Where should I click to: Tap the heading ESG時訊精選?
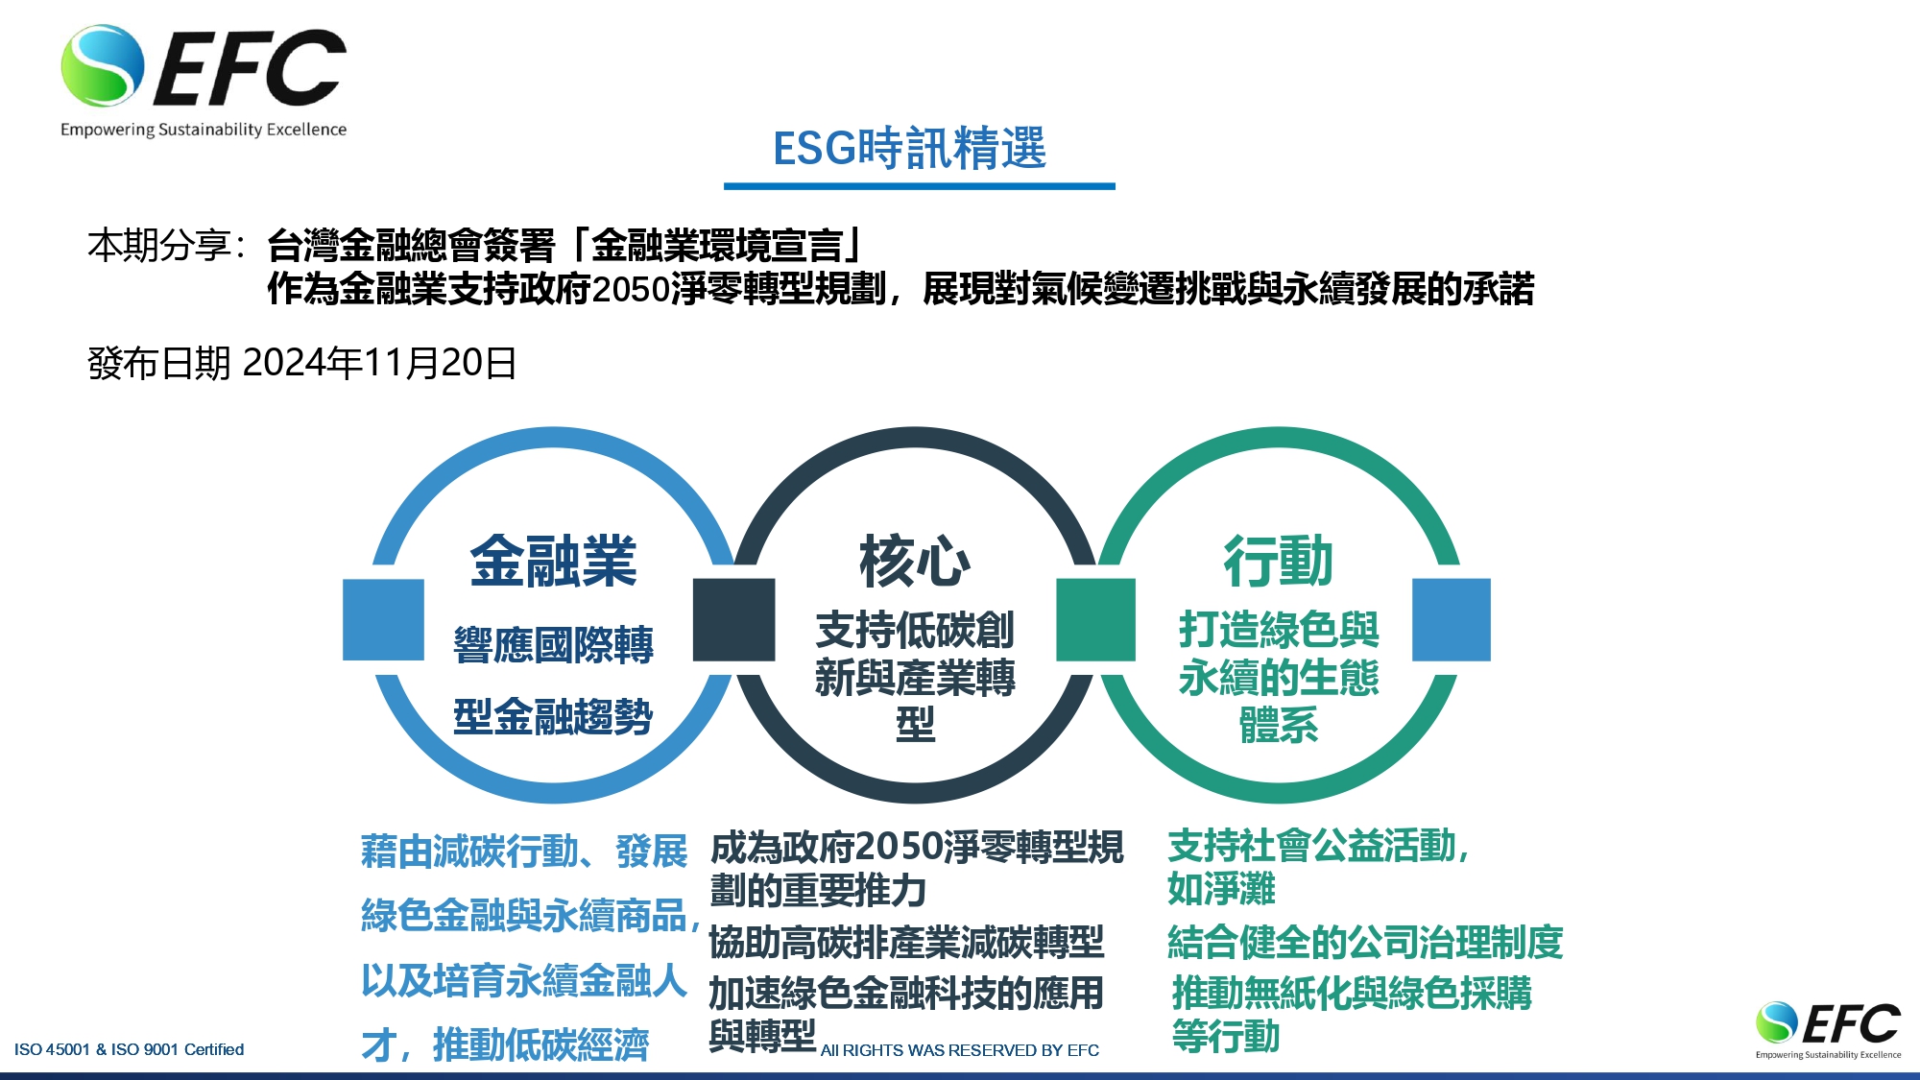(909, 149)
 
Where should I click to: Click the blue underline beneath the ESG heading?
(920, 186)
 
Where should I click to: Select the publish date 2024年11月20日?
(380, 363)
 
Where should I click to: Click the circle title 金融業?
(553, 562)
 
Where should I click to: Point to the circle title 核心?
(915, 562)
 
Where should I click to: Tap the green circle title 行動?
(1278, 562)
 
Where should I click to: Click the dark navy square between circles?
(733, 619)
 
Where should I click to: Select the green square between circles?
(1095, 619)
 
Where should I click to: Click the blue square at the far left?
(383, 619)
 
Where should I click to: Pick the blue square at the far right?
(1452, 619)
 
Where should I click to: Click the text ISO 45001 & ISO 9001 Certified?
(129, 1049)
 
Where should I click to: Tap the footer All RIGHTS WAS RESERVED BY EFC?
(960, 1050)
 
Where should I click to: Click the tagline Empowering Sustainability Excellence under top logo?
(204, 130)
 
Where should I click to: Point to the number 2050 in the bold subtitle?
(631, 289)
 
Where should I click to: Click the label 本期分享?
(158, 246)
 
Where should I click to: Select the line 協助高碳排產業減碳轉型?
(906, 943)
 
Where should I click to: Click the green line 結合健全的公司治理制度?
(1365, 943)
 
